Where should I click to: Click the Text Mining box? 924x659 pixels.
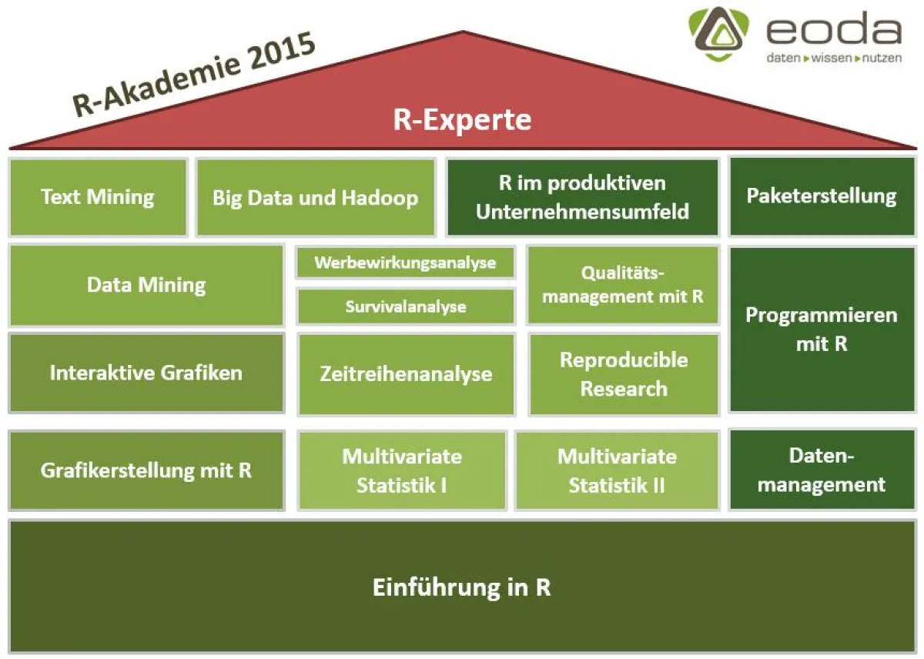98,197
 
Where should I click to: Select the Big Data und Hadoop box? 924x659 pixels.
316,197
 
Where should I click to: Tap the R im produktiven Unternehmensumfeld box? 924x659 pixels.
582,197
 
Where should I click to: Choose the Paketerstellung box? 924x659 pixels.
822,196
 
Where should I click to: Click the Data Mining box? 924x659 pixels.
146,286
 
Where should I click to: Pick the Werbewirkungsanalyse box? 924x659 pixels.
405,263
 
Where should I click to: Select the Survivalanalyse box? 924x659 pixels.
405,306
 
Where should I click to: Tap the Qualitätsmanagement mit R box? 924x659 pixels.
623,285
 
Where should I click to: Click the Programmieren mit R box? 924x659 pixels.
822,329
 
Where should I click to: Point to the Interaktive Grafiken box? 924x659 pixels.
146,373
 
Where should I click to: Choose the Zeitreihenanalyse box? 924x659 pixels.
406,374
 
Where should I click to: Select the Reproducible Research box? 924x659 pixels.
624,374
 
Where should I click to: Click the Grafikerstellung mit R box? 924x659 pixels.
146,470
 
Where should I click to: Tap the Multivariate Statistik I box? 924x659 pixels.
402,470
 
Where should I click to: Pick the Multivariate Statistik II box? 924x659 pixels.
617,470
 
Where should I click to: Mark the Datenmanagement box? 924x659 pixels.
822,470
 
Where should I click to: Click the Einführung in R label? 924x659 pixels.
462,588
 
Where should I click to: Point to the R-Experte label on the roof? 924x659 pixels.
463,120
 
